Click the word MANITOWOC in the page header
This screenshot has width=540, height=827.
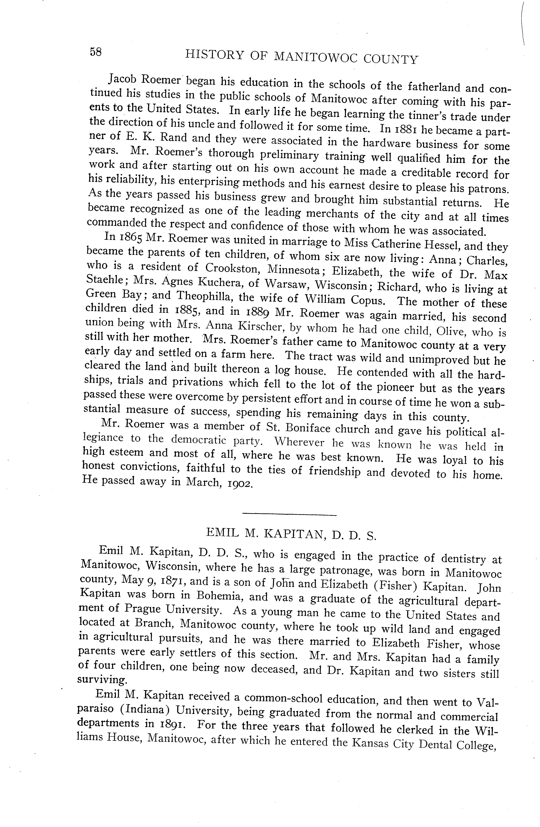(x=316, y=57)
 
